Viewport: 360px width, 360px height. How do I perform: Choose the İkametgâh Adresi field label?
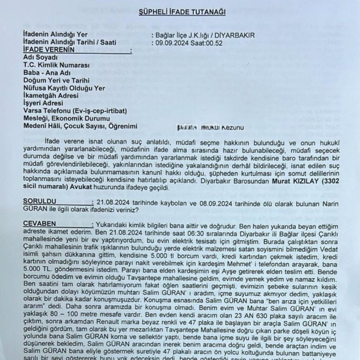[x=51, y=96]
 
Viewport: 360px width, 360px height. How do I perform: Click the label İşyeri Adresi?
[x=43, y=103]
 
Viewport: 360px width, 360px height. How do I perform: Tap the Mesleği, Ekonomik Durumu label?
[x=66, y=118]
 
